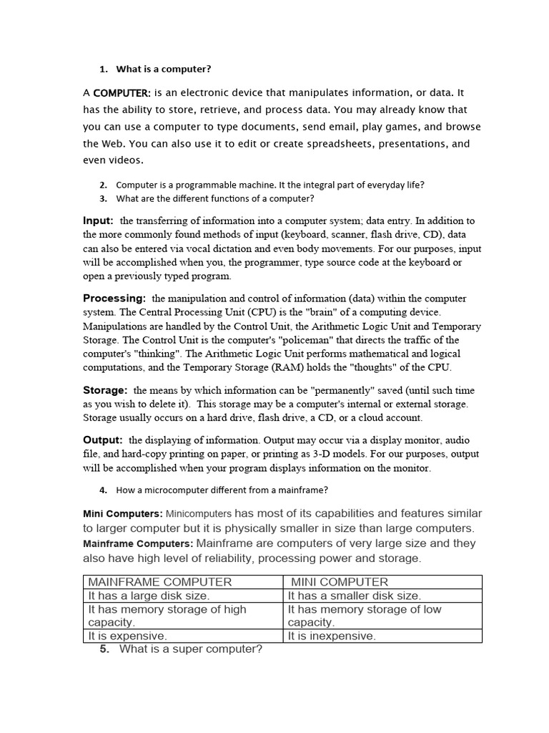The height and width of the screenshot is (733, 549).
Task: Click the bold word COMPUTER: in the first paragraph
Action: pyautogui.click(x=122, y=93)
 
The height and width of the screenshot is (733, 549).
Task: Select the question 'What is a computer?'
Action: pyautogui.click(x=164, y=69)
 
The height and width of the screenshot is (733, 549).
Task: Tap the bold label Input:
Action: pyautogui.click(x=98, y=220)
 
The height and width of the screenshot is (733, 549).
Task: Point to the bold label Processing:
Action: pyautogui.click(x=114, y=298)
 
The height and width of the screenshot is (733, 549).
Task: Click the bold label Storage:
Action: pyautogui.click(x=105, y=390)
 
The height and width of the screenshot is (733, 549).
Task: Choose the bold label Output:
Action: pyautogui.click(x=103, y=440)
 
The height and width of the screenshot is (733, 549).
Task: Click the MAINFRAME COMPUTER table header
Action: pyautogui.click(x=159, y=582)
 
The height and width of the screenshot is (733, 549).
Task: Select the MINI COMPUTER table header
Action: pyautogui.click(x=340, y=582)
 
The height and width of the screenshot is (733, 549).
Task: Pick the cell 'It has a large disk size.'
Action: pyautogui.click(x=149, y=596)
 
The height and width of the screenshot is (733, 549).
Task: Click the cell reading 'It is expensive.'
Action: pyautogui.click(x=127, y=636)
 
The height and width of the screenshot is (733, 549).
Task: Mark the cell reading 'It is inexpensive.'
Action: pyautogui.click(x=332, y=636)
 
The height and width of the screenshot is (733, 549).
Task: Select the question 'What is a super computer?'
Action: pyautogui.click(x=191, y=649)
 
